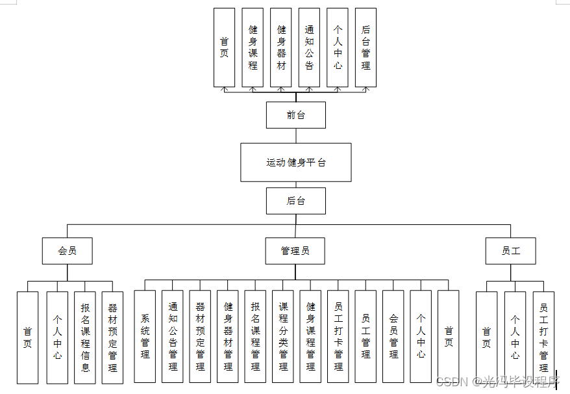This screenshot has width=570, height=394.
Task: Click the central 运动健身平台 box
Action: pyautogui.click(x=295, y=162)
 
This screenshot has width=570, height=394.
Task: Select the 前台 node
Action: pyautogui.click(x=295, y=115)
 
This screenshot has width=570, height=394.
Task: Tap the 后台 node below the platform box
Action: pyautogui.click(x=295, y=201)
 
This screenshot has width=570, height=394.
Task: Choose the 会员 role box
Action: pyautogui.click(x=68, y=250)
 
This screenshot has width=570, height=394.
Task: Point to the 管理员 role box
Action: pyautogui.click(x=295, y=250)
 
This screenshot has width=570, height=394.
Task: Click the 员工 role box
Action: pyautogui.click(x=510, y=250)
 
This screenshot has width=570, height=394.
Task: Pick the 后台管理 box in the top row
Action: pyautogui.click(x=366, y=47)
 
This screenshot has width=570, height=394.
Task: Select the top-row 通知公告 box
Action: pyautogui.click(x=309, y=47)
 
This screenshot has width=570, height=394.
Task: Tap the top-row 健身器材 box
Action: pyautogui.click(x=281, y=47)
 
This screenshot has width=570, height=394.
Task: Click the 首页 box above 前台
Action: pyautogui.click(x=224, y=47)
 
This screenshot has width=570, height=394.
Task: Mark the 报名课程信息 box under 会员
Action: pyautogui.click(x=85, y=337)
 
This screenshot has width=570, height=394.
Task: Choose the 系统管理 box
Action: pyautogui.click(x=145, y=336)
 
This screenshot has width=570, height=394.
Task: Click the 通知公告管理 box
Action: pyautogui.click(x=173, y=336)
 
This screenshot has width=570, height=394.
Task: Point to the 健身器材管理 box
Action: pyautogui.click(x=228, y=336)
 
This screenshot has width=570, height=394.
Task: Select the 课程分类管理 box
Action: pyautogui.click(x=283, y=336)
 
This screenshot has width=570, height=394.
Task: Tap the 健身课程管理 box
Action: pyautogui.click(x=311, y=336)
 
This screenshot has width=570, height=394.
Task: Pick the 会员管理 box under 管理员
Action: pyautogui.click(x=393, y=336)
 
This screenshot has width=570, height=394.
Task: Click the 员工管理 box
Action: pyautogui.click(x=366, y=336)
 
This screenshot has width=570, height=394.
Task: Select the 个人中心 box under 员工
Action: pyautogui.click(x=515, y=337)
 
